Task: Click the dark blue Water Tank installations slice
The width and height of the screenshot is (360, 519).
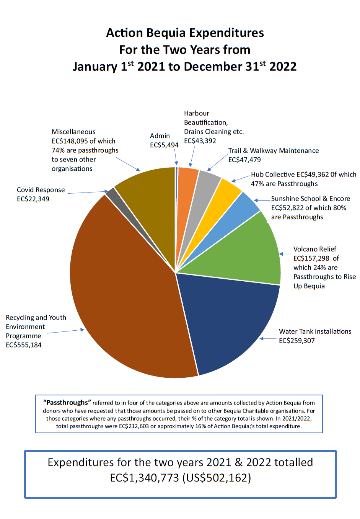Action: point(226,318)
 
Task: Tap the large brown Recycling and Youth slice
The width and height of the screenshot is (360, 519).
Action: point(126,291)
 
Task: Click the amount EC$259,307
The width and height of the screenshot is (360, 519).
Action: point(297,341)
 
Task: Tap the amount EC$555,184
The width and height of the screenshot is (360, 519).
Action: point(24,345)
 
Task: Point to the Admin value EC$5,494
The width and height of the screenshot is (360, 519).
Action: point(164,145)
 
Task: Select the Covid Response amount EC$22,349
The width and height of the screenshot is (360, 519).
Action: point(33,199)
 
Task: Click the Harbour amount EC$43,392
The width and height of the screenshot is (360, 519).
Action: point(200,141)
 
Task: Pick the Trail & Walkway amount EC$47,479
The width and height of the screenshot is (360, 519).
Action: point(244,160)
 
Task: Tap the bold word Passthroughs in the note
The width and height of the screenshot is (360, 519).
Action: point(67,403)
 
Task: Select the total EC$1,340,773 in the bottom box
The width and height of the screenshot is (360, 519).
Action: point(145,478)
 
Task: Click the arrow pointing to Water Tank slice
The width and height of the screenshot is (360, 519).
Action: point(268,339)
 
